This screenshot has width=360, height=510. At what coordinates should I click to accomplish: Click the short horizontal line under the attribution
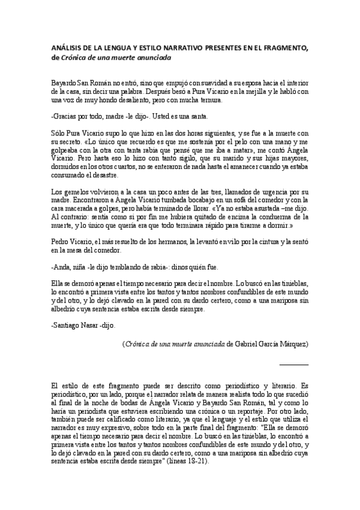click(x=294, y=364)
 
